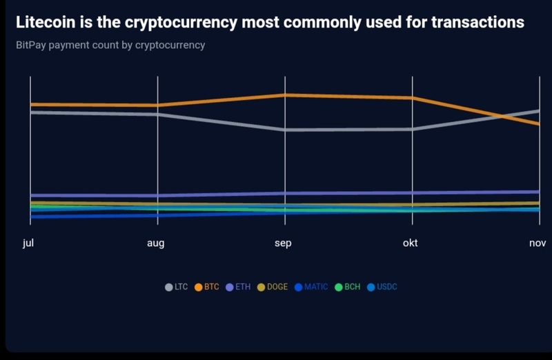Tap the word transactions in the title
(x=477, y=22)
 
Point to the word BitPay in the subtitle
(x=31, y=46)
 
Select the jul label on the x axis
(x=28, y=243)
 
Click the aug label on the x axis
(x=155, y=243)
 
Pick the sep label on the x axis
(x=283, y=243)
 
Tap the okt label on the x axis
(x=410, y=243)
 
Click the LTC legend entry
(x=177, y=287)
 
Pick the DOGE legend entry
(x=273, y=287)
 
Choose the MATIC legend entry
(x=311, y=287)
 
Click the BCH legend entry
(x=348, y=287)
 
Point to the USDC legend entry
(x=382, y=287)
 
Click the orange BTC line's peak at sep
(x=285, y=95)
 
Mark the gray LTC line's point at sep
(x=285, y=130)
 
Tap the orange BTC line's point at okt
(x=413, y=98)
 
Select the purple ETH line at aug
(x=158, y=196)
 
